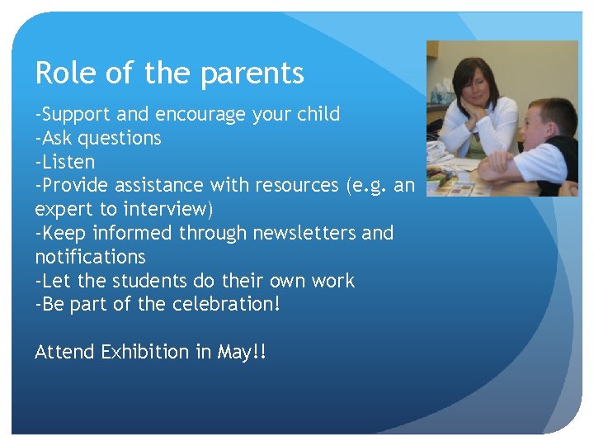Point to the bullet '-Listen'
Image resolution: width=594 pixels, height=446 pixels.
click(65, 162)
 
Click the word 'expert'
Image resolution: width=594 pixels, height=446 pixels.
click(63, 210)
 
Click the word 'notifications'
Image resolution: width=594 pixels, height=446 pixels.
click(90, 257)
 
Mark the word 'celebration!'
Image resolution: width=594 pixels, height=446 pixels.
click(226, 305)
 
